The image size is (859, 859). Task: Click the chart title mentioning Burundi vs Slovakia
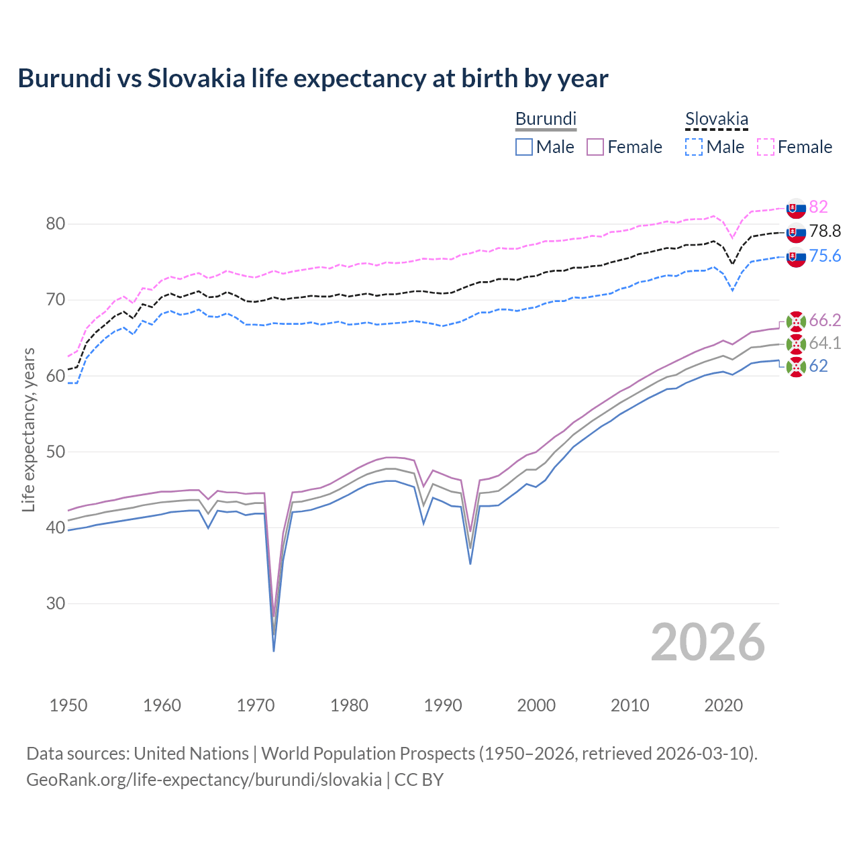click(313, 79)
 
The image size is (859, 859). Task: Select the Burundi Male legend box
click(524, 147)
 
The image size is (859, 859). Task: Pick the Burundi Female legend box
click(595, 147)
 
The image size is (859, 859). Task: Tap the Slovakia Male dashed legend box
click(694, 147)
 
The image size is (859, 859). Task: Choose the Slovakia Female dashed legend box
click(766, 147)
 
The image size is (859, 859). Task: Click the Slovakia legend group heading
click(716, 119)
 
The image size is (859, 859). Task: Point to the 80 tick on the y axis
click(55, 224)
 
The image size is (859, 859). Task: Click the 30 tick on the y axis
click(55, 603)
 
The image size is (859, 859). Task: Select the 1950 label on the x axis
click(68, 705)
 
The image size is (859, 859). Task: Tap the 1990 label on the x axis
click(443, 705)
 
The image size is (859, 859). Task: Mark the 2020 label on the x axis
click(723, 705)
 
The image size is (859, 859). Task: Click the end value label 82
click(818, 207)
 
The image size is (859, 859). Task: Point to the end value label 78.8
click(825, 232)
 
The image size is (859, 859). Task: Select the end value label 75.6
click(825, 256)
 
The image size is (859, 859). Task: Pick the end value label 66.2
click(825, 320)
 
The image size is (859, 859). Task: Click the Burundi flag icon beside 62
click(796, 366)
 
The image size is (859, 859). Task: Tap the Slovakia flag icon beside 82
click(796, 208)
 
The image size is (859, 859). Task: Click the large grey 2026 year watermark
click(708, 642)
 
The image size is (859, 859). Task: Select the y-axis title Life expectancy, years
click(29, 429)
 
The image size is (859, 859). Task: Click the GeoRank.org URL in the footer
click(204, 780)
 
